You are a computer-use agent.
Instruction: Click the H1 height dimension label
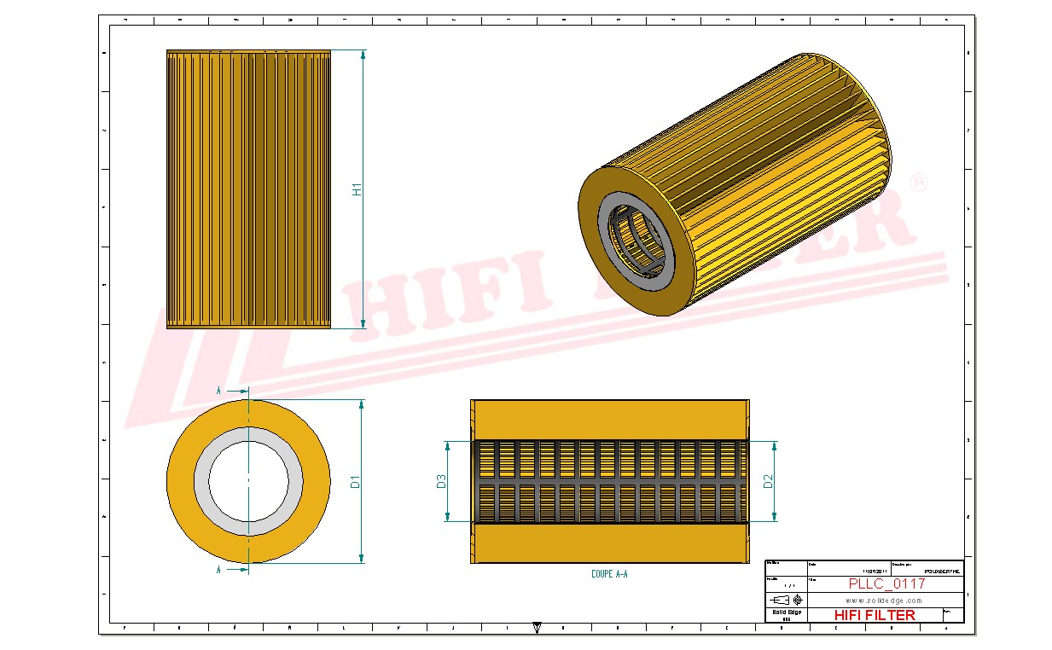coord(358,189)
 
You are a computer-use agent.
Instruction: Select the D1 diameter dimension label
coord(356,482)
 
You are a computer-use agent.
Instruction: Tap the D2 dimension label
coord(768,482)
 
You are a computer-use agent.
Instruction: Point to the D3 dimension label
coord(441,482)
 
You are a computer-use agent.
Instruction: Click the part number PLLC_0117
coord(886,583)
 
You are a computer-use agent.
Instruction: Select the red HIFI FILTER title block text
coord(874,615)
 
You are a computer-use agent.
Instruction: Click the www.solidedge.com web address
coord(884,600)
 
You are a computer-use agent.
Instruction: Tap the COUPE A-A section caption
coord(609,575)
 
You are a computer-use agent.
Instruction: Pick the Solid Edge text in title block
coord(786,612)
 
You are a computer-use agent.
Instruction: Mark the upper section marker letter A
coord(219,391)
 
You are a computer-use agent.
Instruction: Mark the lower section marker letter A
coord(219,570)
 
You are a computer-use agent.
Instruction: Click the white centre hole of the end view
coord(248,482)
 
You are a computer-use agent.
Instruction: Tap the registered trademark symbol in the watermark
coord(919,183)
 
